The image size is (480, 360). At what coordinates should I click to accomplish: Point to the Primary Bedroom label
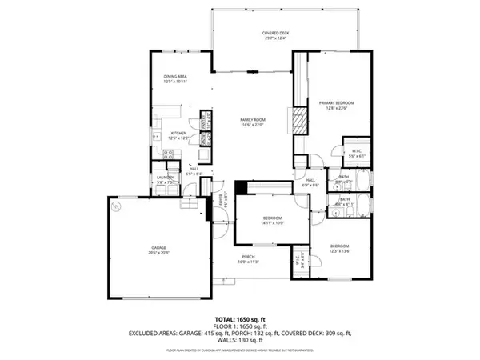(x=336, y=105)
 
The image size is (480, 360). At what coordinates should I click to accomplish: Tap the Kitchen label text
(x=178, y=135)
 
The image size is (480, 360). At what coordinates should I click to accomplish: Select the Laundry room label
(x=165, y=179)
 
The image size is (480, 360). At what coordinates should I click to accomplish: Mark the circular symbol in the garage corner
(x=117, y=206)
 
